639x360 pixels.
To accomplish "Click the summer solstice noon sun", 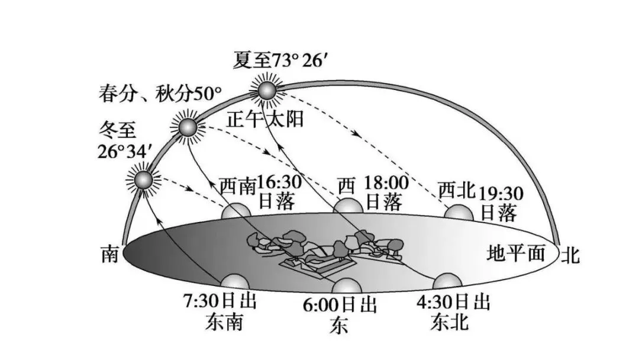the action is [x=266, y=90].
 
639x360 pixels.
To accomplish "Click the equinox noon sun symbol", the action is [x=186, y=127].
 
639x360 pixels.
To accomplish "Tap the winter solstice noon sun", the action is [x=143, y=179].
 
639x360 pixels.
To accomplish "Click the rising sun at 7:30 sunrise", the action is [x=232, y=283].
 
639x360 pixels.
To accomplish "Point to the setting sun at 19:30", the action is [x=458, y=213].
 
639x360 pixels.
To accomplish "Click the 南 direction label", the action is [x=110, y=255].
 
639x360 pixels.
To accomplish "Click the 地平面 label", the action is [x=515, y=253].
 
